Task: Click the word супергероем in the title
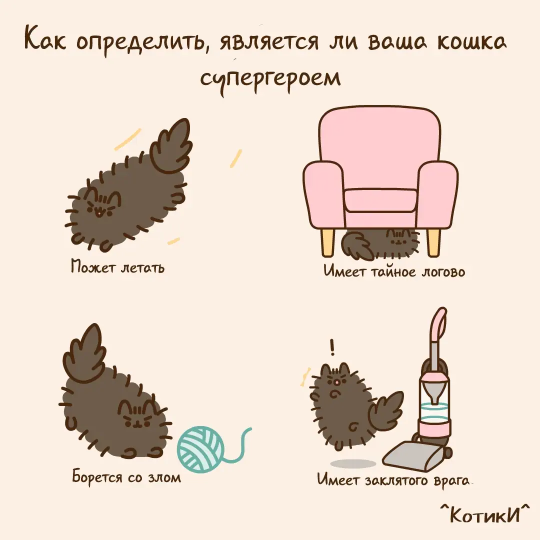click(x=270, y=80)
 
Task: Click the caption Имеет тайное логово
click(x=394, y=271)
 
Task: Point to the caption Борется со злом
click(x=126, y=477)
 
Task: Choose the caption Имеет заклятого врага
click(x=393, y=479)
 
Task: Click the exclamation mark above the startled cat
click(x=332, y=347)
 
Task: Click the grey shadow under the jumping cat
click(x=353, y=463)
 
